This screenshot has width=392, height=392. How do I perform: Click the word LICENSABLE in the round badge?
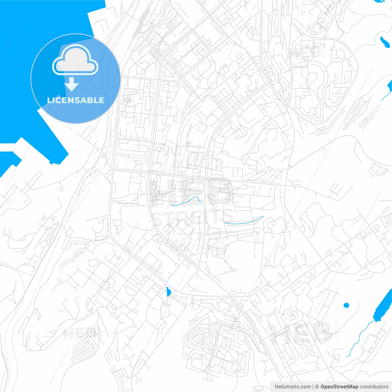point(75,100)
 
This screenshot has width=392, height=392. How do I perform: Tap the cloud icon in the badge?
point(75,60)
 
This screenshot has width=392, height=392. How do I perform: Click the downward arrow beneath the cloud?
point(72,84)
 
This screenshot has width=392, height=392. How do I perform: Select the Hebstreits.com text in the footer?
point(292,387)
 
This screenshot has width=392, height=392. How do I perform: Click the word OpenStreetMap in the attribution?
point(339,387)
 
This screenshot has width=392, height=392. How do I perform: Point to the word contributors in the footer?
point(374,387)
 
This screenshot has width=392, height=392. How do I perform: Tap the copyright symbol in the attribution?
point(317,387)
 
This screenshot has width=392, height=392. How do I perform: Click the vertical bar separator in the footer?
point(313,387)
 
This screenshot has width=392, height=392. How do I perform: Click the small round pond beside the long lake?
point(346,305)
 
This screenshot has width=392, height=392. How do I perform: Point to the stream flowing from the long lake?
point(360,337)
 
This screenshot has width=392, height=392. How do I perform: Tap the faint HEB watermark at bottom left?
point(78,333)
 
